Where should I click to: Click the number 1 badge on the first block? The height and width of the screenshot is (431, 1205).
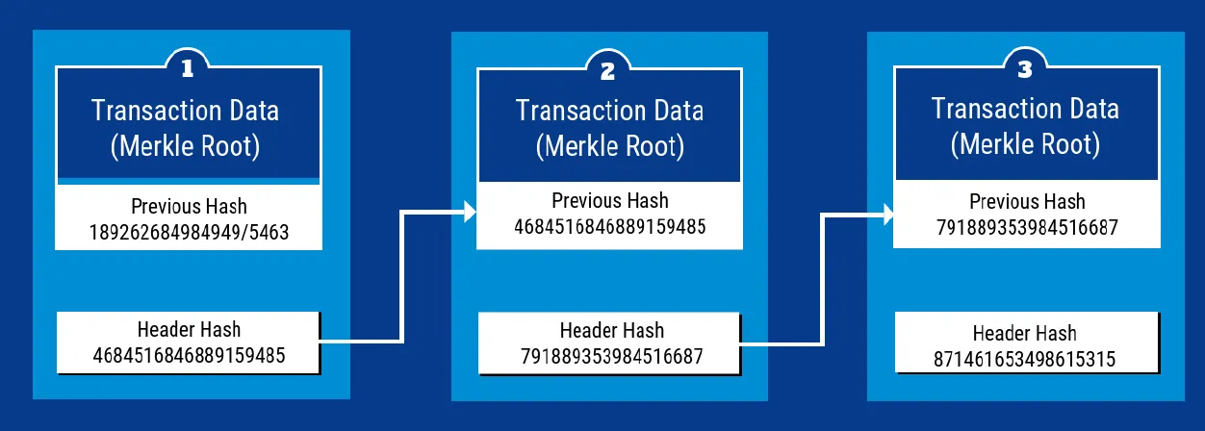190,68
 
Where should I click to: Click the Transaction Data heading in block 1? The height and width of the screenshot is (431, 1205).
186,110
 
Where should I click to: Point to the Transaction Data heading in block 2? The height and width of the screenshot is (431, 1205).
610,110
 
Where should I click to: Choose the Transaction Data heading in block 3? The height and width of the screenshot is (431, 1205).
1025,107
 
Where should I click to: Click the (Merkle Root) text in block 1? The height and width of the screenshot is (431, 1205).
186,147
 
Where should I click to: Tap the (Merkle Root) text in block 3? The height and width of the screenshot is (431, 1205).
1025,144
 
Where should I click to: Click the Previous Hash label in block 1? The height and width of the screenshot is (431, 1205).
189,206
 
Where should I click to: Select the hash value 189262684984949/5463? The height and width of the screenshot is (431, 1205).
189,231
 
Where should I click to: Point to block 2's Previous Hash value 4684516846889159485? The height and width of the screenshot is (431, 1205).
610,227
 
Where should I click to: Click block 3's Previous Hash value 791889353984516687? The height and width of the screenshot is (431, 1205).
1027,227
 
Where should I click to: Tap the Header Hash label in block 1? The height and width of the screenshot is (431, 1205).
189,330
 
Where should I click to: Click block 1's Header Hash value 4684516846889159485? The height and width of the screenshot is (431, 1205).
189,355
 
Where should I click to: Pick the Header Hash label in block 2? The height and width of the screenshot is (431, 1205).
611,331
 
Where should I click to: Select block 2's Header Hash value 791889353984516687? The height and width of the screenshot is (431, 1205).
611,356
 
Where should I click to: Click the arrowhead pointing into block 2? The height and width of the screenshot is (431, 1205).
470,212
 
